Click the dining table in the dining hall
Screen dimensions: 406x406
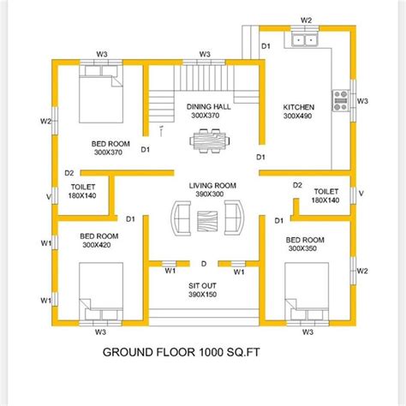pyautogui.click(x=204, y=139)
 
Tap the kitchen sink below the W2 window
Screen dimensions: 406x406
pyautogui.click(x=305, y=39)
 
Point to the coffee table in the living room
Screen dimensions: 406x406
pyautogui.click(x=204, y=220)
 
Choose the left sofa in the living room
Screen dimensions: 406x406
pyautogui.click(x=180, y=219)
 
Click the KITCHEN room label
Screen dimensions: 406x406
pyautogui.click(x=299, y=107)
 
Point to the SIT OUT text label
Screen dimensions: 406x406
pyautogui.click(x=204, y=284)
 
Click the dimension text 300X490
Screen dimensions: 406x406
pyautogui.click(x=299, y=116)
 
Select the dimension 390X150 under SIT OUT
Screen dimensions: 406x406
pyautogui.click(x=204, y=295)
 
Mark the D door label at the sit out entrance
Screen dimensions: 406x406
pyautogui.click(x=204, y=264)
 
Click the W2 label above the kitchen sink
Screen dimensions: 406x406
pyautogui.click(x=307, y=18)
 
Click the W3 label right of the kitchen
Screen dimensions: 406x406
pyautogui.click(x=362, y=101)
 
